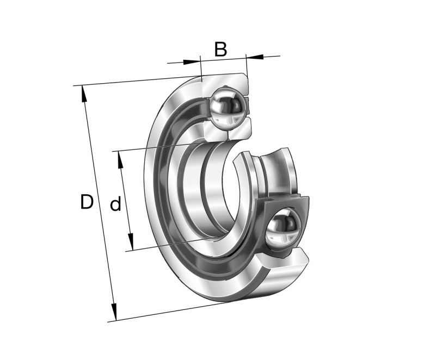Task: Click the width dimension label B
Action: coord(220,49)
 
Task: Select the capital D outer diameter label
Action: coord(87,202)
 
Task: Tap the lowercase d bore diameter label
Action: coord(115,205)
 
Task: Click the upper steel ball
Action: coord(228,107)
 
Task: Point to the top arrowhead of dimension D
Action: coord(84,94)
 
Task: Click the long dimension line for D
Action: coord(98,201)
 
